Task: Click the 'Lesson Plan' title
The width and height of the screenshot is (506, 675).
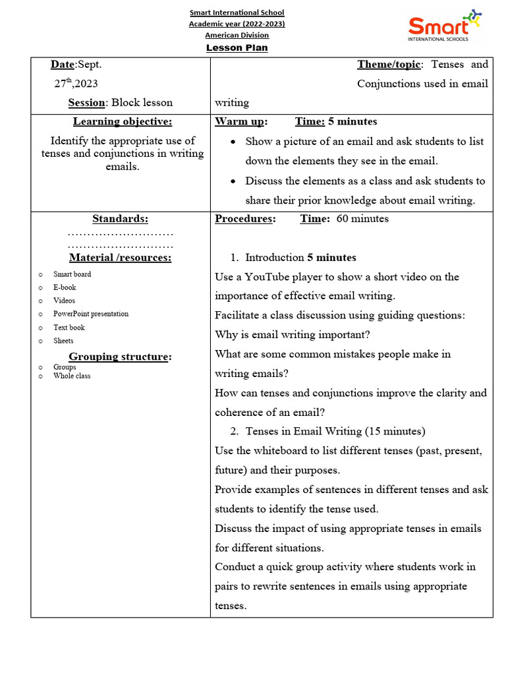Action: [237, 48]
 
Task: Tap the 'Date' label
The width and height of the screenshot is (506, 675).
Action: [63, 64]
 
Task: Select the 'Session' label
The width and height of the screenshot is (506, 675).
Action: [86, 102]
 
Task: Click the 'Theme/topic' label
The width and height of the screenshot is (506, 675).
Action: [388, 64]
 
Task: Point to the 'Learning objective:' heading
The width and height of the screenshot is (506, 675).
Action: [123, 121]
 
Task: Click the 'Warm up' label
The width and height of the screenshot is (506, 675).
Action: [240, 121]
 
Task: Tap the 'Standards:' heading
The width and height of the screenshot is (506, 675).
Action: [120, 219]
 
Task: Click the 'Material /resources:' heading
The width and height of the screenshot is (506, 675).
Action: [120, 258]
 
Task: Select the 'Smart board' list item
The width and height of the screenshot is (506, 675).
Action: [72, 274]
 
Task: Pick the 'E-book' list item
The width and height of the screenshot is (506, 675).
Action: [65, 287]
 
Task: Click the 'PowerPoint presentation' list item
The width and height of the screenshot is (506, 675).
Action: [91, 314]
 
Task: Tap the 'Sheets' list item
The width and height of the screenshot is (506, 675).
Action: [63, 341]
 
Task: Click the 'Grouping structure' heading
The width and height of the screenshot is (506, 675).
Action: [119, 357]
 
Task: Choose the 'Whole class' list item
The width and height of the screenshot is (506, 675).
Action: [72, 376]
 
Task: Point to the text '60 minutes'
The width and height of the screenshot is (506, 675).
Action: [362, 219]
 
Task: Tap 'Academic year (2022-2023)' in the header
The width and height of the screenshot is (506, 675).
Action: [237, 24]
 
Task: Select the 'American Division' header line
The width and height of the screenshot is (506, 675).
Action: [237, 35]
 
